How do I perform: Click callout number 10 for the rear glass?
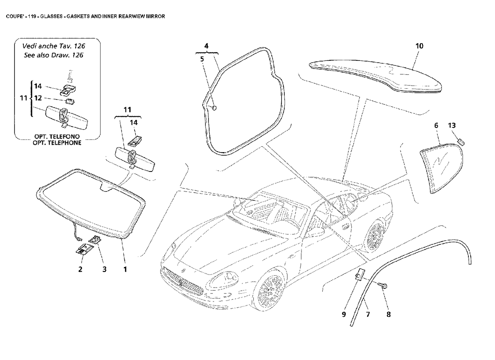pyautogui.click(x=419, y=46)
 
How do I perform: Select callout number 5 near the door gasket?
pyautogui.click(x=202, y=58)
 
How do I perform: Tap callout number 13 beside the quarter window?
pyautogui.click(x=452, y=126)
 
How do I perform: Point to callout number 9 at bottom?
pyautogui.click(x=344, y=315)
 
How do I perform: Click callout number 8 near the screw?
pyautogui.click(x=388, y=315)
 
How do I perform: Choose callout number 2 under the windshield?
pyautogui.click(x=81, y=270)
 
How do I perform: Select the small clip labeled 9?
pyautogui.click(x=360, y=275)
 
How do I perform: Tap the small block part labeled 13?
pyautogui.click(x=461, y=142)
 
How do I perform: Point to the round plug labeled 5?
pyautogui.click(x=214, y=108)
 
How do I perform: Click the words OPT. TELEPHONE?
pyautogui.click(x=57, y=143)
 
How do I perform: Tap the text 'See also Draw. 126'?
pyautogui.click(x=54, y=55)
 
